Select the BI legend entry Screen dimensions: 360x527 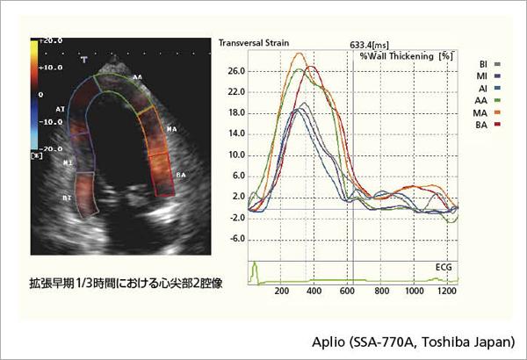tap(485, 64)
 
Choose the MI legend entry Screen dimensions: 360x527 tap(485, 76)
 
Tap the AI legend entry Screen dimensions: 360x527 tap(485, 89)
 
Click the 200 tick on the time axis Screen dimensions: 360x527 tap(282, 292)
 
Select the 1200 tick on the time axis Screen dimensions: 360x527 tap(449, 292)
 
